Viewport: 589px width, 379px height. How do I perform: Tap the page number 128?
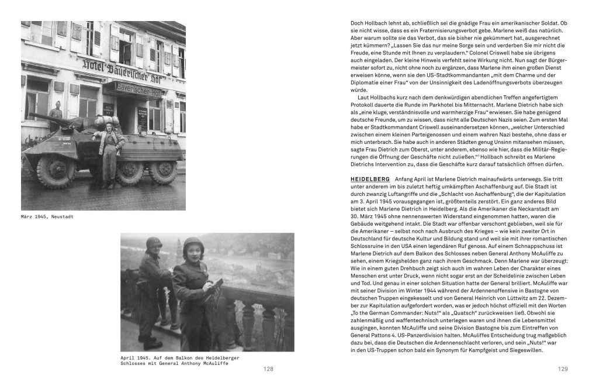pyautogui.click(x=268, y=369)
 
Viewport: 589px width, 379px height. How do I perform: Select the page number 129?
pyautogui.click(x=563, y=369)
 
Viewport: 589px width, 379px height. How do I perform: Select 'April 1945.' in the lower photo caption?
pyautogui.click(x=136, y=357)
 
